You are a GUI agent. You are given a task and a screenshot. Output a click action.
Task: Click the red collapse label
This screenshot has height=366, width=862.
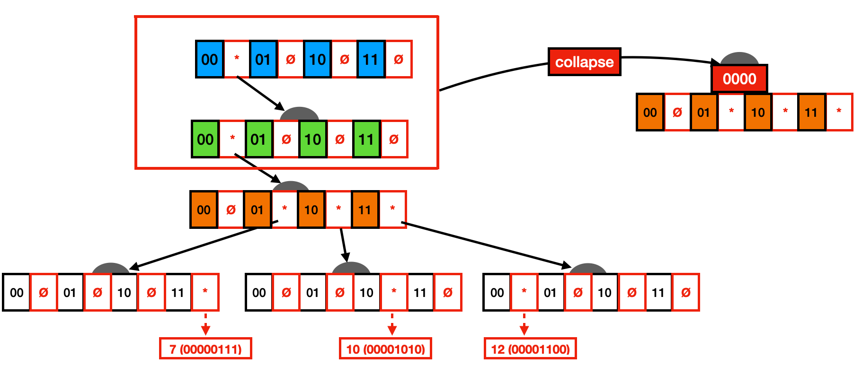pyautogui.click(x=584, y=62)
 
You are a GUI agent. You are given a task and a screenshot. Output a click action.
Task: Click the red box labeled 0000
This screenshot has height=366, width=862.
pyautogui.click(x=739, y=78)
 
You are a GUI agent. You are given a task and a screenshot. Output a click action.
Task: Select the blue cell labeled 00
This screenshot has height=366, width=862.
pyautogui.click(x=210, y=59)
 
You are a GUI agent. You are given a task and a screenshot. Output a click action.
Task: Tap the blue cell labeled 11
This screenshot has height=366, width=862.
pyautogui.click(x=371, y=59)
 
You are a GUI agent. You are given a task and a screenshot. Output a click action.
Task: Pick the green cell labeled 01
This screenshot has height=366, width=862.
pyautogui.click(x=258, y=139)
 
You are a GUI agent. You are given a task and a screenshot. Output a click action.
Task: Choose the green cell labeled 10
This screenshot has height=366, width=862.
pyautogui.click(x=312, y=139)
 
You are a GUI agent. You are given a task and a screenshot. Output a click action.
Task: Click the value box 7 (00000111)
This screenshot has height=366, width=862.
pyautogui.click(x=205, y=349)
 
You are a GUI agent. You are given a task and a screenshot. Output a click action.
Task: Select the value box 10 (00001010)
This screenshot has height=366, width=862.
pyautogui.click(x=385, y=349)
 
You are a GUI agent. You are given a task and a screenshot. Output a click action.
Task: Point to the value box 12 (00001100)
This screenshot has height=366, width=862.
pyautogui.click(x=530, y=349)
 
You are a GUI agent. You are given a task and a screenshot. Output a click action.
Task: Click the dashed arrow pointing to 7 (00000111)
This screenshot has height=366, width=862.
pyautogui.click(x=205, y=324)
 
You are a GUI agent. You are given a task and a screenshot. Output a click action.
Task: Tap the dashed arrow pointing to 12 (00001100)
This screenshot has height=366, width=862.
pyautogui.click(x=524, y=324)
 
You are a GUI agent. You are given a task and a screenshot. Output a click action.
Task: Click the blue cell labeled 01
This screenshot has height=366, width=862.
pyautogui.click(x=263, y=59)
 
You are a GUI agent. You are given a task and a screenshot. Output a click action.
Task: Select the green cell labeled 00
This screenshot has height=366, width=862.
pyautogui.click(x=205, y=139)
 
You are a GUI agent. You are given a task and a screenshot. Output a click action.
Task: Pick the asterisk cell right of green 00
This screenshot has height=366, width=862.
pyautogui.click(x=232, y=139)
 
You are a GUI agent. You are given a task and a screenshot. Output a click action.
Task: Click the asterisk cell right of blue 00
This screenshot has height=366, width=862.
pyautogui.click(x=237, y=59)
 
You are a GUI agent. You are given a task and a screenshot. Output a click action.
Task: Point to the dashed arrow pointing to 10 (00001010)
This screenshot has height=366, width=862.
pyautogui.click(x=392, y=324)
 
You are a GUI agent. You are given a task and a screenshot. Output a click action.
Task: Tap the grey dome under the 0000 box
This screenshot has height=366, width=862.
pyautogui.click(x=739, y=59)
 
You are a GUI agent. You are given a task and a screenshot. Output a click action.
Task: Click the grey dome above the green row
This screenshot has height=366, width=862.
pyautogui.click(x=299, y=113)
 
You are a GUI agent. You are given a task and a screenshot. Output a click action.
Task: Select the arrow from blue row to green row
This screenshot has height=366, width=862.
pyautogui.click(x=259, y=92)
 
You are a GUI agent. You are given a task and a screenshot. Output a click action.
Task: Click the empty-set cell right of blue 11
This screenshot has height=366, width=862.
pyautogui.click(x=399, y=59)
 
